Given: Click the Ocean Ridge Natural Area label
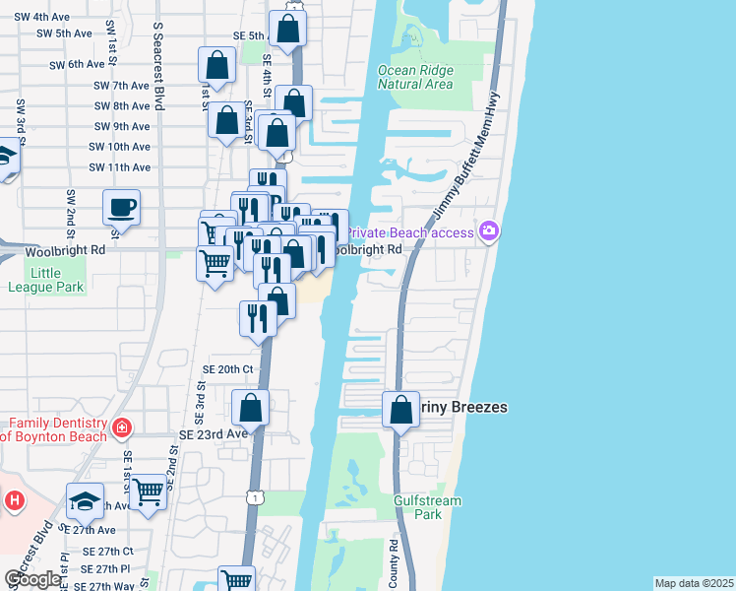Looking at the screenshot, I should [416, 77].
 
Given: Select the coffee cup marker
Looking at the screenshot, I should [122, 207].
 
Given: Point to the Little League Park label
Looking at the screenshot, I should [46, 280].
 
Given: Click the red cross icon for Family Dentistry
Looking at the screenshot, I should [121, 428].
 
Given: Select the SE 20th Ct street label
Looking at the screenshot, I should [228, 369].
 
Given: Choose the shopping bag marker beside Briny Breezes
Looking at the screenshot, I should [401, 409].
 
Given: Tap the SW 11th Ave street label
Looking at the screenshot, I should [122, 167].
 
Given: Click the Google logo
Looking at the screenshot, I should [32, 579].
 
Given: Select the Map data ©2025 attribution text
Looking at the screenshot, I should [694, 583].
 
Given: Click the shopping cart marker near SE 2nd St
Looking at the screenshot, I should [149, 490].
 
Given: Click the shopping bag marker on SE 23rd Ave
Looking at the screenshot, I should [251, 407].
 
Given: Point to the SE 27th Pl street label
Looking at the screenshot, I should [106, 569].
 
